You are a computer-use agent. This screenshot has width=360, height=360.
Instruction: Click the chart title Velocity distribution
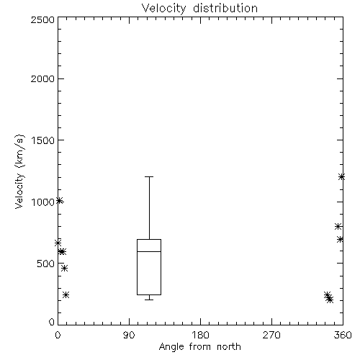click(x=199, y=8)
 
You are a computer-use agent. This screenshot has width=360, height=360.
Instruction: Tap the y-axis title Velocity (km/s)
click(x=19, y=171)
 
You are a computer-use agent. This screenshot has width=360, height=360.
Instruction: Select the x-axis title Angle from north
click(x=199, y=346)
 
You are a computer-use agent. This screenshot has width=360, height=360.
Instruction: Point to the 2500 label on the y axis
click(x=42, y=19)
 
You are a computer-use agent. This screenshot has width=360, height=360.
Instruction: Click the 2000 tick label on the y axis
click(x=42, y=78)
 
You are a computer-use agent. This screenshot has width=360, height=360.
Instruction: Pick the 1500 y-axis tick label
click(x=43, y=140)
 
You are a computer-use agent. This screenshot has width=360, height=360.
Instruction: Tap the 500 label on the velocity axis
click(x=46, y=264)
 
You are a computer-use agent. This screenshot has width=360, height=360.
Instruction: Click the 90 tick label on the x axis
click(x=129, y=335)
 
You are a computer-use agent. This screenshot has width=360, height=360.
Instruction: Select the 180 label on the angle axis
click(x=200, y=335)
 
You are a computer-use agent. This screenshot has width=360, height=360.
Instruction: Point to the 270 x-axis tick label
click(x=271, y=335)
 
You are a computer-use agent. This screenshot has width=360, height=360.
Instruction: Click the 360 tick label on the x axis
click(x=343, y=335)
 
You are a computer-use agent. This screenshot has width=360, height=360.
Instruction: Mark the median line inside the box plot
click(x=149, y=251)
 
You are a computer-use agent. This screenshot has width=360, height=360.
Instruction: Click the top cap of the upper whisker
click(x=149, y=177)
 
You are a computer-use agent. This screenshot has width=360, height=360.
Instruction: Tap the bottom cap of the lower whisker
click(x=149, y=300)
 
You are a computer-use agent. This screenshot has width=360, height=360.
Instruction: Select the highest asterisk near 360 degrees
click(x=341, y=177)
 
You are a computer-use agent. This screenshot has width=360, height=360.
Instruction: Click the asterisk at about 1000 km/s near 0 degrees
click(x=60, y=201)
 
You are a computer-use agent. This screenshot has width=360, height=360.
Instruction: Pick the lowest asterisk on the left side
click(x=66, y=294)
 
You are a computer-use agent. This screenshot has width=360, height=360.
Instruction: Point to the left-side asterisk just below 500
click(x=64, y=268)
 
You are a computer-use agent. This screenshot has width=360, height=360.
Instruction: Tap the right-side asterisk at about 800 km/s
click(x=338, y=226)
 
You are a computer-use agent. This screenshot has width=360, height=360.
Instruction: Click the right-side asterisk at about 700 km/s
click(x=340, y=239)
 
